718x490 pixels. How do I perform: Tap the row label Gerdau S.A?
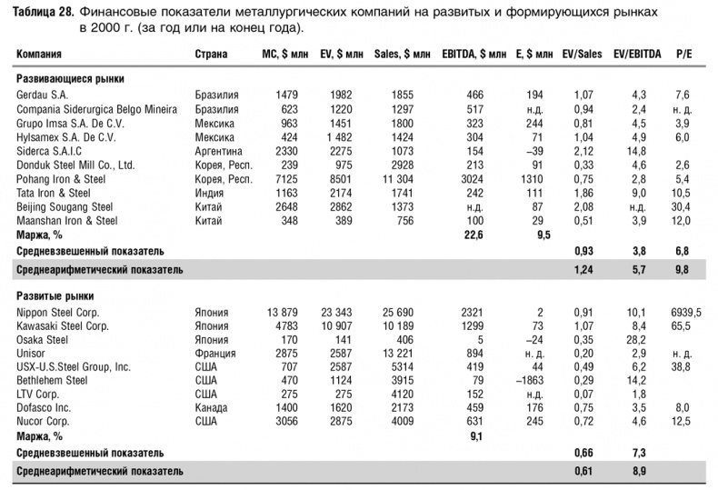point(43,95)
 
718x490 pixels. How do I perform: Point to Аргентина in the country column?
point(219,150)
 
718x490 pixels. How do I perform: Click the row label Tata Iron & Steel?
point(54,193)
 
